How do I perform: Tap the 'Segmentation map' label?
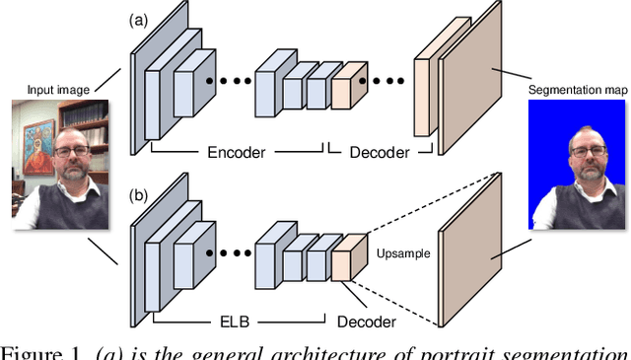click(578, 90)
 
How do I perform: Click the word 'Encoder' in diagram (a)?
click(241, 153)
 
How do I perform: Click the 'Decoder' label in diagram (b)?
click(366, 322)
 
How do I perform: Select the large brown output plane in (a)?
click(471, 84)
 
